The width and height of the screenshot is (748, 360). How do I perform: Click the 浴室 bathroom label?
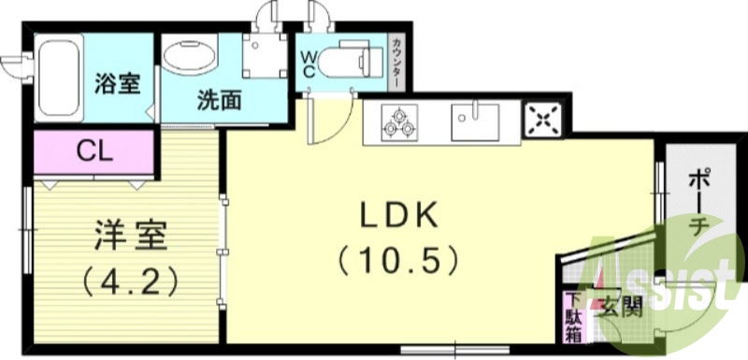[x=118, y=83]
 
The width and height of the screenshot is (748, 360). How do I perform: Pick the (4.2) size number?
[x=129, y=279]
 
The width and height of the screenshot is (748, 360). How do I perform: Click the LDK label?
[x=400, y=215]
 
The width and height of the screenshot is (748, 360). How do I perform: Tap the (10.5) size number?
[x=400, y=256]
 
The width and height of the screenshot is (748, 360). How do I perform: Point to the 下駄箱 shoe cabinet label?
[x=572, y=319]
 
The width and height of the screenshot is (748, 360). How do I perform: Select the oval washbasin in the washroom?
[x=190, y=54]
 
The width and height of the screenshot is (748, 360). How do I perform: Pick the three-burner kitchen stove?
[x=398, y=122]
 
